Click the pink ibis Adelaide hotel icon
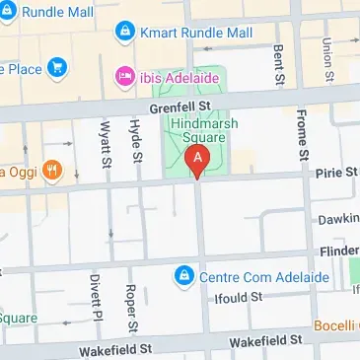124,75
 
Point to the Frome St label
303,145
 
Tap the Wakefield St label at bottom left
117,347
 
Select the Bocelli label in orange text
335,325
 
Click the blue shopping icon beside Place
57,68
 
